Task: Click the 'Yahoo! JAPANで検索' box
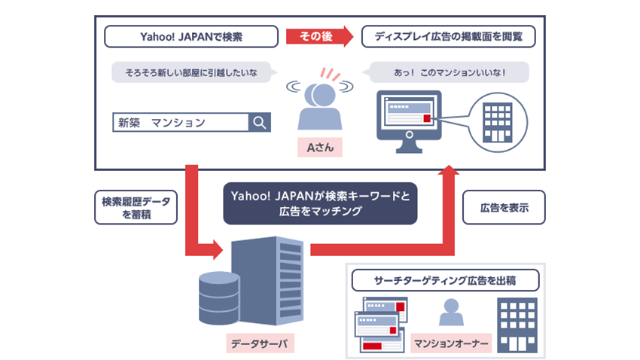[x=191, y=37]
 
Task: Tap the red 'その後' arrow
[x=319, y=36]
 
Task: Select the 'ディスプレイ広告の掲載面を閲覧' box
[x=448, y=37]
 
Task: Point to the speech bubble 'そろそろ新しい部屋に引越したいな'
[x=192, y=72]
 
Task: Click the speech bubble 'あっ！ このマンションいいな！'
[x=448, y=72]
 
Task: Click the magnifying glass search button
[x=260, y=123]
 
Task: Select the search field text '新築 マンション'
[x=162, y=123]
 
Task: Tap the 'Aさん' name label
[x=320, y=148]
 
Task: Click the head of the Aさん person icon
[x=324, y=95]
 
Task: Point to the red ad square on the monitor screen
[x=427, y=118]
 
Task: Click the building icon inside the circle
[x=497, y=123]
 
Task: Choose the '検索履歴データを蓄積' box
[x=136, y=207]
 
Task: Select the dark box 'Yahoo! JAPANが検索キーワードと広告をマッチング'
[x=320, y=203]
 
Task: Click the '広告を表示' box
[x=504, y=207]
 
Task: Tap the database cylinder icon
[x=219, y=298]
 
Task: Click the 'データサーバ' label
[x=260, y=343]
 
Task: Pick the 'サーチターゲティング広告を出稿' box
[x=445, y=280]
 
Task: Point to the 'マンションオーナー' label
[x=451, y=343]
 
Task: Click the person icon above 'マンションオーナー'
[x=451, y=312]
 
